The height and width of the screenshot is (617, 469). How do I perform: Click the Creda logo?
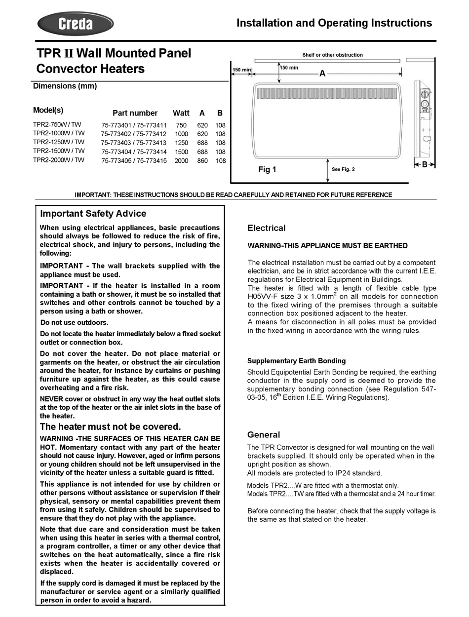[x=76, y=24]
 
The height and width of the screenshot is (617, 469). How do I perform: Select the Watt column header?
[x=181, y=113]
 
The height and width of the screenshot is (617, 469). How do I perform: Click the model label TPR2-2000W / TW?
[x=59, y=160]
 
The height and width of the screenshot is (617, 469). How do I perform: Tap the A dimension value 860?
[x=202, y=161]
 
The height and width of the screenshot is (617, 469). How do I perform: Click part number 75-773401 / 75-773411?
[x=134, y=125]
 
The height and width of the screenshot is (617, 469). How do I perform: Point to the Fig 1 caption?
[x=267, y=170]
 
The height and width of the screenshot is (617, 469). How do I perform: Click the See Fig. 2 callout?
[x=343, y=169]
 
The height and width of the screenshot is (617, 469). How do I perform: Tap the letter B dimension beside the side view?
[x=424, y=165]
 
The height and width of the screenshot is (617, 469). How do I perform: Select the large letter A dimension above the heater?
[x=322, y=74]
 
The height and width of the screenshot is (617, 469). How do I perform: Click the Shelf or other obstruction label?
[x=332, y=55]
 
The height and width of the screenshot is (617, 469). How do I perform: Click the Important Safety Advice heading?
[x=93, y=214]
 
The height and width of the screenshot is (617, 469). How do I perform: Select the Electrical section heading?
[x=266, y=228]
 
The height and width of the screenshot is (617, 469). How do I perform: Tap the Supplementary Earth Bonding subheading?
[x=296, y=361]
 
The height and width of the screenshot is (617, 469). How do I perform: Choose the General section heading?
[x=263, y=435]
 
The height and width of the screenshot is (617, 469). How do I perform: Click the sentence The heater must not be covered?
[x=110, y=427]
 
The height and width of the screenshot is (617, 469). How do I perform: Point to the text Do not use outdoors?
[x=74, y=323]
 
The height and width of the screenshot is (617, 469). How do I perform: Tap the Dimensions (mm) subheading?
[x=65, y=86]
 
